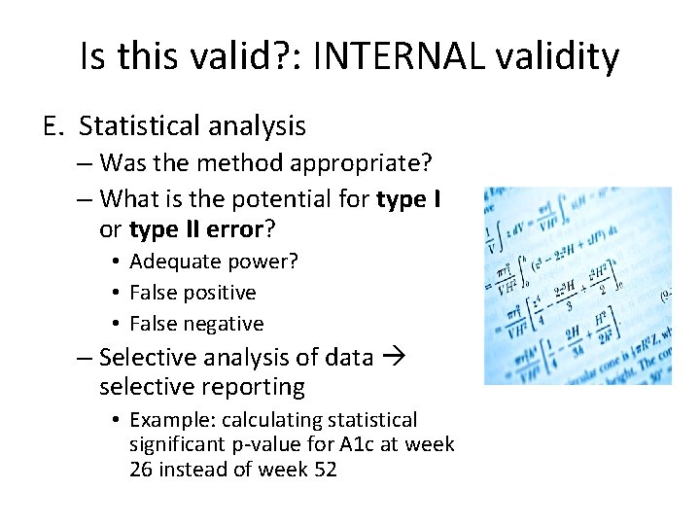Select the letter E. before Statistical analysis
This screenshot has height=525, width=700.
click(x=54, y=126)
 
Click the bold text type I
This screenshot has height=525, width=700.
click(x=408, y=199)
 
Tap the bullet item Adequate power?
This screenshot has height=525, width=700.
click(x=214, y=262)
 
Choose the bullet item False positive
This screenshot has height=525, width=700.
click(x=192, y=293)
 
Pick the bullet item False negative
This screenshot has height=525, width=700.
click(x=196, y=324)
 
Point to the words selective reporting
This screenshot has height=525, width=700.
click(x=202, y=387)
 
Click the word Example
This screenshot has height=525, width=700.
click(x=172, y=420)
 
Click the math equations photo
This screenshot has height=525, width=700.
click(x=577, y=286)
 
